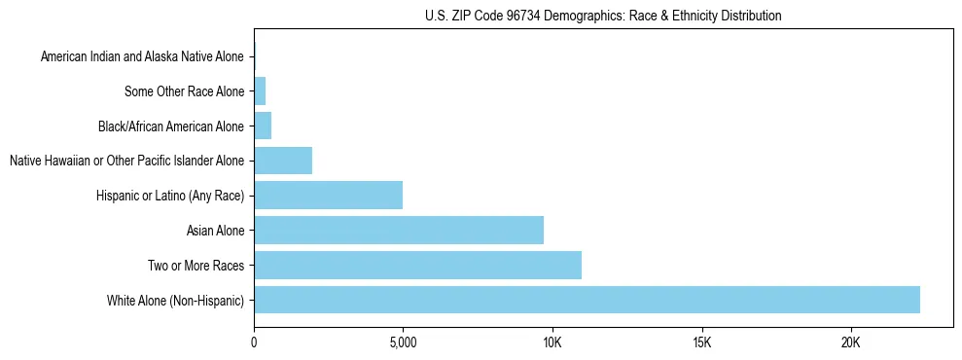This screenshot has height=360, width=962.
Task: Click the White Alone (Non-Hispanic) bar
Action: pos(587,300)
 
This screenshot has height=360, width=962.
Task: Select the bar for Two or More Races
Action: pos(417,265)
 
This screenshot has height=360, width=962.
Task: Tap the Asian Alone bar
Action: pos(399,231)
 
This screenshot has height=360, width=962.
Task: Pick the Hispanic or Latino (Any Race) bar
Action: pos(328,196)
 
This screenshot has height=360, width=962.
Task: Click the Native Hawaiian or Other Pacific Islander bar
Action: pos(283,161)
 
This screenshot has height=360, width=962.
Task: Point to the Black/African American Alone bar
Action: pos(263,126)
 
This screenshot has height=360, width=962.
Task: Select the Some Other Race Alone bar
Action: pos(260,91)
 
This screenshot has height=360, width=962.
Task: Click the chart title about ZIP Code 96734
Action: pos(603,16)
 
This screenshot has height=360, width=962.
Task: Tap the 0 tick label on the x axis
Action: pos(254,342)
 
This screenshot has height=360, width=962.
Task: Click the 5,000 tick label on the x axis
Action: pos(403,342)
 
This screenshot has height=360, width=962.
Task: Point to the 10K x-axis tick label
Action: pos(552,342)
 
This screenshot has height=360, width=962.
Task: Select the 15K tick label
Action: pos(701,342)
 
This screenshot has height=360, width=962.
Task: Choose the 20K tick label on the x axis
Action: pos(851,342)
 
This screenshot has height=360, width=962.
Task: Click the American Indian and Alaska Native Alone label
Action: pos(142,57)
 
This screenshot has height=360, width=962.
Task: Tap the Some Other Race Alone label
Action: pos(185,92)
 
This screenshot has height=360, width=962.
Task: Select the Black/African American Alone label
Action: pos(171,126)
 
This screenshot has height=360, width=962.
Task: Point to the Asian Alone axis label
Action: pos(215,231)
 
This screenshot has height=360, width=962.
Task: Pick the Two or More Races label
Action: pos(196,266)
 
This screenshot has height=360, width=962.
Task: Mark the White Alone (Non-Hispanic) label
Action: pos(176,301)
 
